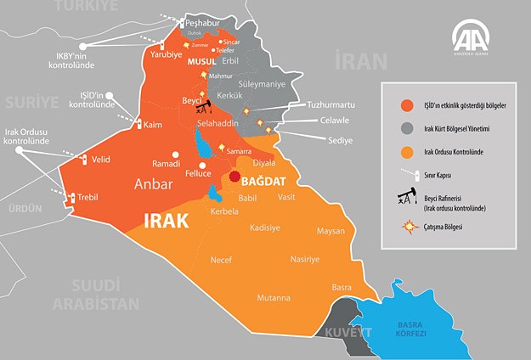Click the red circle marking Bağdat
pyautogui.click(x=234, y=177)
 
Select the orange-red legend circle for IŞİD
pyautogui.click(x=407, y=106)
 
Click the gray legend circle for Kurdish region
pyautogui.click(x=407, y=128)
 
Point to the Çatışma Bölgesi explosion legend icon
pyautogui.click(x=407, y=228)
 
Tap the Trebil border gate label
pyautogui.click(x=88, y=197)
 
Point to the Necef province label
pyautogui.click(x=221, y=261)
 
